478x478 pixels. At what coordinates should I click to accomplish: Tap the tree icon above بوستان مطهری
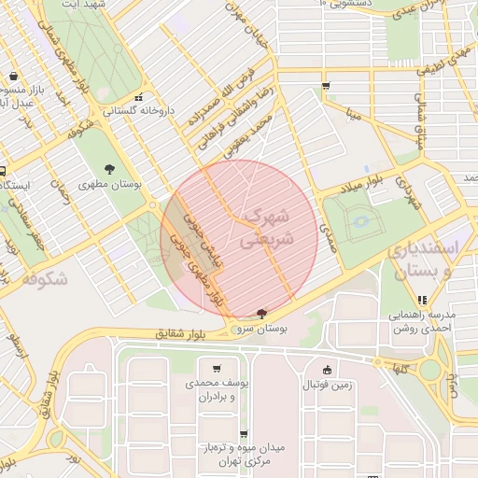[110, 169]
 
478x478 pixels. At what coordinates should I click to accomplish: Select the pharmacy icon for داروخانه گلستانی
[139, 96]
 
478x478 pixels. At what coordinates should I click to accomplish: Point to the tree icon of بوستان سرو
[260, 315]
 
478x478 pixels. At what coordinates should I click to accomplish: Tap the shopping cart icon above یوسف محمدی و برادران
[217, 368]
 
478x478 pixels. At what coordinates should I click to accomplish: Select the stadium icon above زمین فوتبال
[326, 369]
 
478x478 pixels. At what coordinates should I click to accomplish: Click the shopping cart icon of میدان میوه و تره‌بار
[244, 434]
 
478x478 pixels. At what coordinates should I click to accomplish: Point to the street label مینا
[353, 116]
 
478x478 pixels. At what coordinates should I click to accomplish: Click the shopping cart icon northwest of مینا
[325, 86]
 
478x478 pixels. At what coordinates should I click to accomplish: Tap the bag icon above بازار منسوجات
[13, 77]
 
